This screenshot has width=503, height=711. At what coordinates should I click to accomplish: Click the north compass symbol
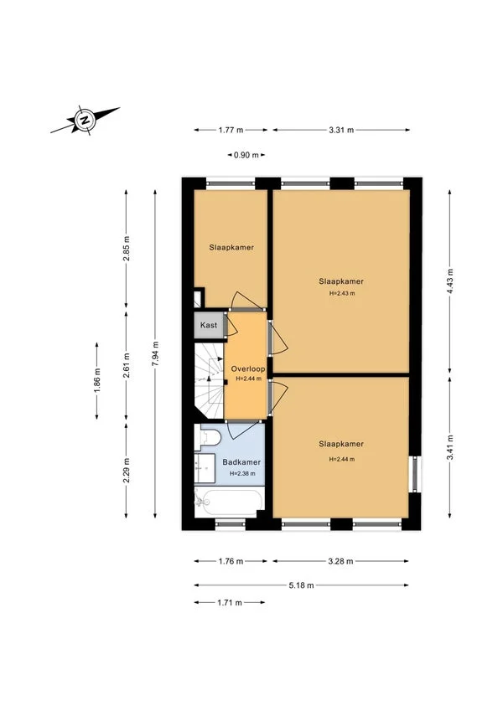pos(84,120)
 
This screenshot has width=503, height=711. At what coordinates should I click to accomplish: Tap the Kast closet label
pos(209,325)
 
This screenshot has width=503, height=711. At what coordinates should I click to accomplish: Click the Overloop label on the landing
pos(248,368)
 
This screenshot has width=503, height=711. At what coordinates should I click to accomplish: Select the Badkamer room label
pos(241,462)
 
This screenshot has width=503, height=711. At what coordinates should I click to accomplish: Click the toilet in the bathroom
pos(209,436)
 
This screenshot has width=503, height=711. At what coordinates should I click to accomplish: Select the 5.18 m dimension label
pos(302,585)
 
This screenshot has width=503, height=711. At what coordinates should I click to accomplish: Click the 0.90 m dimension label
pos(244,155)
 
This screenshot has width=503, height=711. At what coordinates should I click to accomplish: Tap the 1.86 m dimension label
pos(97,382)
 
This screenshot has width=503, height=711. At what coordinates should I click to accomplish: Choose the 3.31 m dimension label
pos(340,130)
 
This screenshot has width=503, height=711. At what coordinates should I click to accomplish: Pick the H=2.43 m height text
pos(341,293)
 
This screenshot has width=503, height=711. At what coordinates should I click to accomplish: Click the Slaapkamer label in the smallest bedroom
pos(231,248)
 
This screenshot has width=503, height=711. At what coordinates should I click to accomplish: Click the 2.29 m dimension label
pos(126,470)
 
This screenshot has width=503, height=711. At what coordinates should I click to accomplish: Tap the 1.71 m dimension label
pos(228,602)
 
